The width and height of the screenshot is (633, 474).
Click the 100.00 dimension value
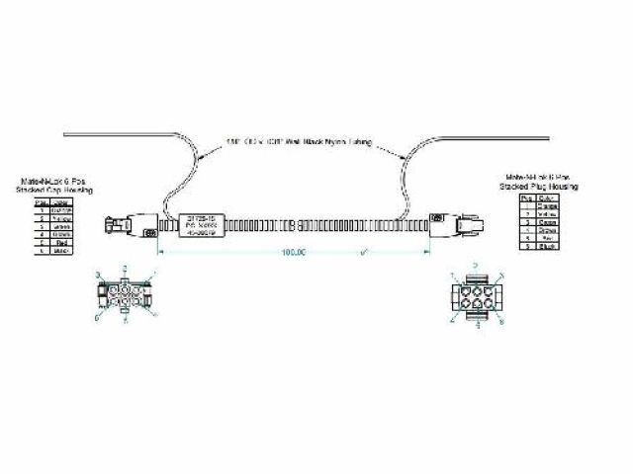click(x=294, y=253)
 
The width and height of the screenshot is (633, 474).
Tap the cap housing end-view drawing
click(x=126, y=295)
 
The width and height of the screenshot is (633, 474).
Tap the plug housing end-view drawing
click(x=478, y=297)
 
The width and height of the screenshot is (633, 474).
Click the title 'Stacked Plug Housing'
click(x=541, y=186)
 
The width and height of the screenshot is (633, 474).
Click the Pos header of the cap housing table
click(x=43, y=202)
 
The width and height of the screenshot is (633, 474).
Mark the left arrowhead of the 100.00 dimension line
click(x=162, y=253)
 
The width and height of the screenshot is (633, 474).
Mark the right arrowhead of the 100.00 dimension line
click(x=428, y=253)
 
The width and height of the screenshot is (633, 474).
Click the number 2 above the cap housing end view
click(x=124, y=269)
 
